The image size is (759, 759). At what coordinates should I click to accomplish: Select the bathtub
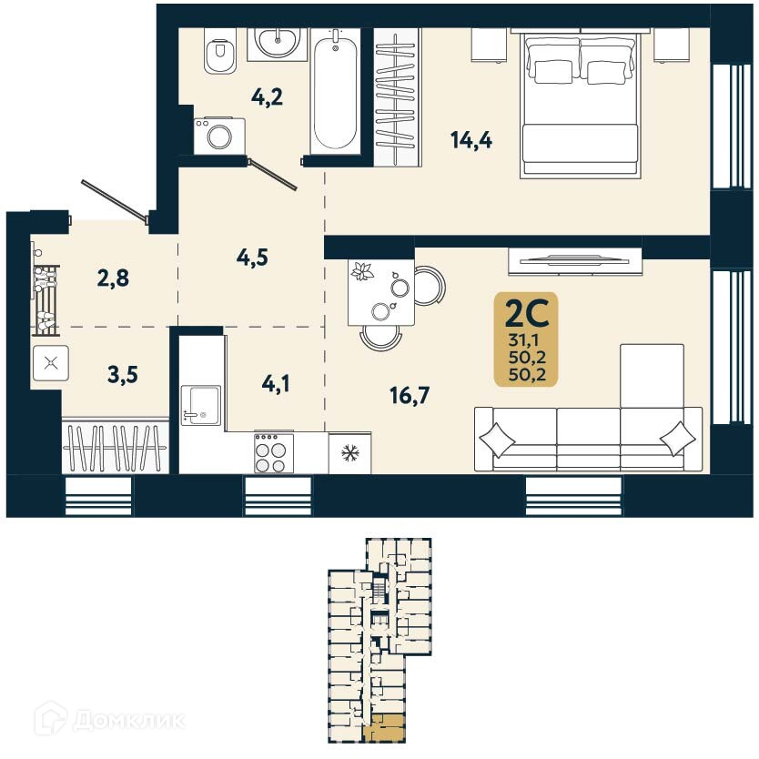click(335, 91)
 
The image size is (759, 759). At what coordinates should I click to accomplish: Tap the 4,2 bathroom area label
click(267, 96)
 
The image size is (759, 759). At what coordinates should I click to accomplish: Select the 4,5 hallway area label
click(254, 258)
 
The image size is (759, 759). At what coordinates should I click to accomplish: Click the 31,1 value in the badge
click(525, 342)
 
